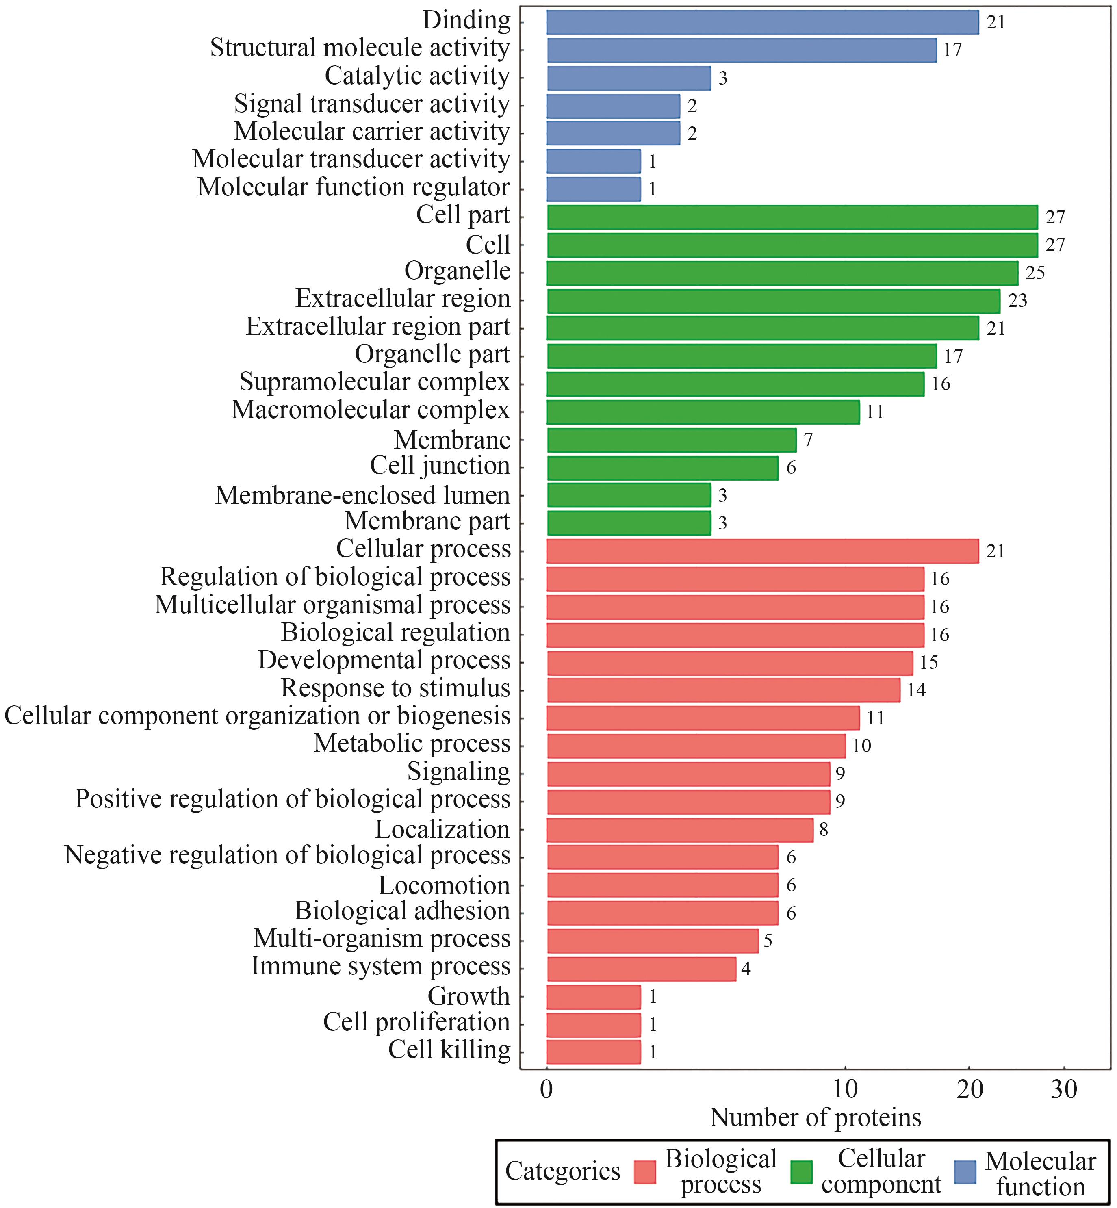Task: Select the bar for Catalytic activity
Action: (x=629, y=78)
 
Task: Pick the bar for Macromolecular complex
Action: (x=703, y=412)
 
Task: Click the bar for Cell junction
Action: (x=662, y=468)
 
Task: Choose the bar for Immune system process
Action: (x=641, y=969)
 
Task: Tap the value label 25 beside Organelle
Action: (x=1035, y=273)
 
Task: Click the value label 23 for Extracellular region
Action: (x=1017, y=300)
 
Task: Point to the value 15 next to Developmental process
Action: (x=928, y=662)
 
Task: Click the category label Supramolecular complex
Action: (x=374, y=382)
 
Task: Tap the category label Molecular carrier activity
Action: (x=372, y=132)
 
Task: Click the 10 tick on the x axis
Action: (x=845, y=1090)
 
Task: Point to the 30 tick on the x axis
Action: (x=1065, y=1090)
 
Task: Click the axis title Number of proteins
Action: (x=816, y=1118)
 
